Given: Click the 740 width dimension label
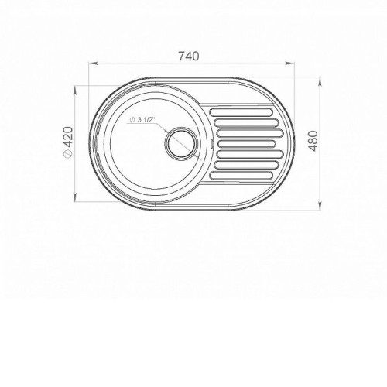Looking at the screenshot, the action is coord(189,57).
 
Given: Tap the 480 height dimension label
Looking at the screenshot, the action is coord(313,141).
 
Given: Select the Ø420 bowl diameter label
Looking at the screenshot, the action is coord(69,142).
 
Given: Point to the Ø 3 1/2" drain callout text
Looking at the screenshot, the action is coord(142,119).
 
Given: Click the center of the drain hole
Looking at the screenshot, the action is coord(182,143).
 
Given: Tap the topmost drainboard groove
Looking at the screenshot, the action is coord(241,112).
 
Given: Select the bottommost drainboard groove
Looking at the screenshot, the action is coord(241,176).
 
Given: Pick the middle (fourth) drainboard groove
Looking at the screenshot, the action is coord(243,144).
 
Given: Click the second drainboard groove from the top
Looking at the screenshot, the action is coord(246,123).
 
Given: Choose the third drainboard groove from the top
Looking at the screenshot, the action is coord(248,133).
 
